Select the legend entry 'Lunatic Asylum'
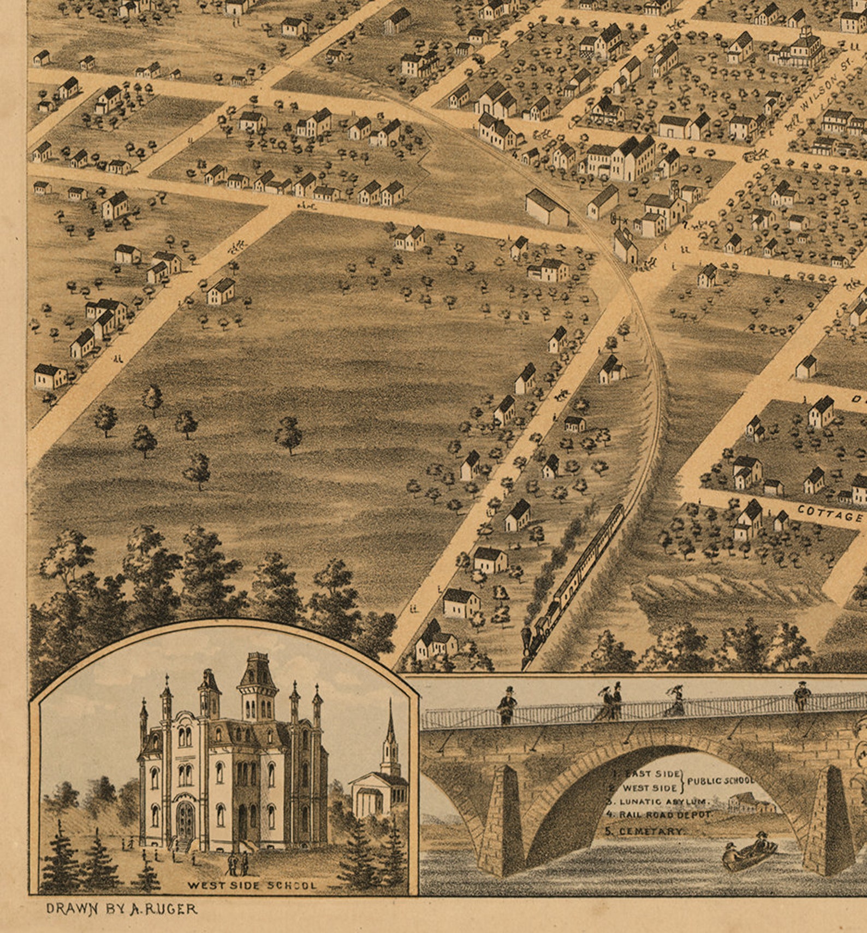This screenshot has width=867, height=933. [663, 802]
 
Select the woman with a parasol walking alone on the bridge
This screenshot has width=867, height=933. [675, 702]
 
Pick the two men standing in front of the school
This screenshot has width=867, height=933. [237, 863]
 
